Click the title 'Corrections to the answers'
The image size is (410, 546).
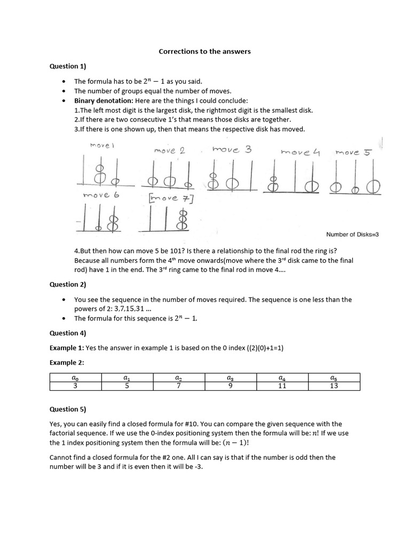point(204,52)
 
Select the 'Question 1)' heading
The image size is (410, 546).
point(68,67)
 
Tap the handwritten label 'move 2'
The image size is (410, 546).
point(169,151)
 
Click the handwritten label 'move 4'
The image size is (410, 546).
point(300,152)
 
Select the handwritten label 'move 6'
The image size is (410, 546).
point(101,195)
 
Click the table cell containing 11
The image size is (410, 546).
point(282,386)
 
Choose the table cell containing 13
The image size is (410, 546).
point(334,386)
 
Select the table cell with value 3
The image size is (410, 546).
point(75,386)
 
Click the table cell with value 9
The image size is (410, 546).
point(231,386)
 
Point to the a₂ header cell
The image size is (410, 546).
point(179,378)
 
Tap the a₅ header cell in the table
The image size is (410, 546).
point(334,378)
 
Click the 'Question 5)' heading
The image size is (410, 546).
point(68,409)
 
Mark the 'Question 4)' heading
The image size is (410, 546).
point(68,333)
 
